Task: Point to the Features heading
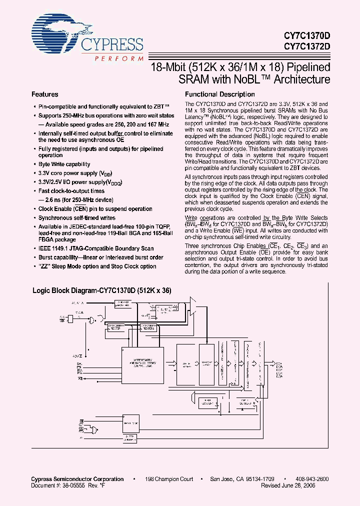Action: pyautogui.click(x=45, y=94)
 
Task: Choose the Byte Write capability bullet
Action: pyautogui.click(x=64, y=164)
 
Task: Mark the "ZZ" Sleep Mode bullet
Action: pyautogui.click(x=97, y=266)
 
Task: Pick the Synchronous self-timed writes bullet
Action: pyautogui.click(x=77, y=218)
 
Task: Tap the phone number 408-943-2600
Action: pyautogui.click(x=311, y=479)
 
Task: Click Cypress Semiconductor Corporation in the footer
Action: pyautogui.click(x=77, y=479)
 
